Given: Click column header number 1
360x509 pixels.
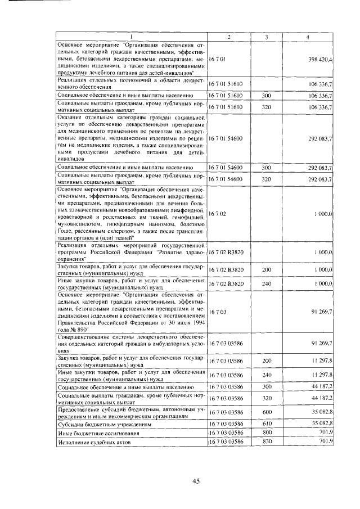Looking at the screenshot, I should [131, 37].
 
